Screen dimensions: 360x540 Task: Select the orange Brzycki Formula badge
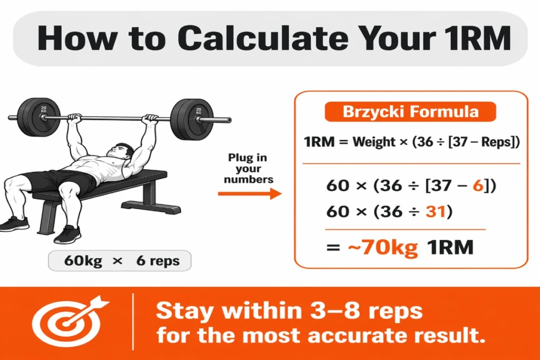(411, 112)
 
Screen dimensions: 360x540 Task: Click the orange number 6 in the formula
(478, 186)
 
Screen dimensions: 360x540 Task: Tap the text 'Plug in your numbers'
(247, 169)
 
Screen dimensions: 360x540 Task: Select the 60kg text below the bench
(83, 260)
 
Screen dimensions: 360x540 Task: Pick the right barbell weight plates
(185, 119)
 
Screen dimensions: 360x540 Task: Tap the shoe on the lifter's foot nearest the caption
(67, 234)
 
